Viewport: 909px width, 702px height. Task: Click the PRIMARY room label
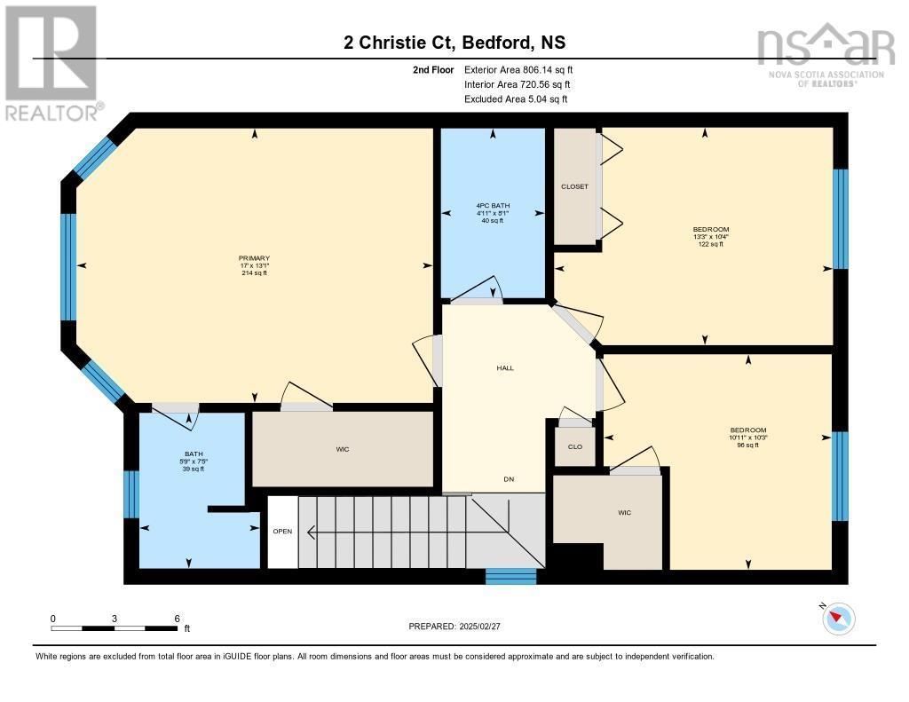253,258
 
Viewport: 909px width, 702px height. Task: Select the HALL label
504,368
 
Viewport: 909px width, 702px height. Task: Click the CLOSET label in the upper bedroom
574,187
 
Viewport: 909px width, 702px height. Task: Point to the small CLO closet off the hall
574,446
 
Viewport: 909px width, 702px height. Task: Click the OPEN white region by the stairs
282,532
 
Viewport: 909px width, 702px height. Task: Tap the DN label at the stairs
509,480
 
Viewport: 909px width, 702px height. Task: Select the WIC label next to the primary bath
342,449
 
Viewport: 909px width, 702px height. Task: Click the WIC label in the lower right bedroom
624,512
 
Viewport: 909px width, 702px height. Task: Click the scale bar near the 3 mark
115,628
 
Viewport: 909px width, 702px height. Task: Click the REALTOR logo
51,62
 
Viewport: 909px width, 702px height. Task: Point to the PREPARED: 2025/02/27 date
460,626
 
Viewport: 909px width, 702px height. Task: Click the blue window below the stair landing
511,577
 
